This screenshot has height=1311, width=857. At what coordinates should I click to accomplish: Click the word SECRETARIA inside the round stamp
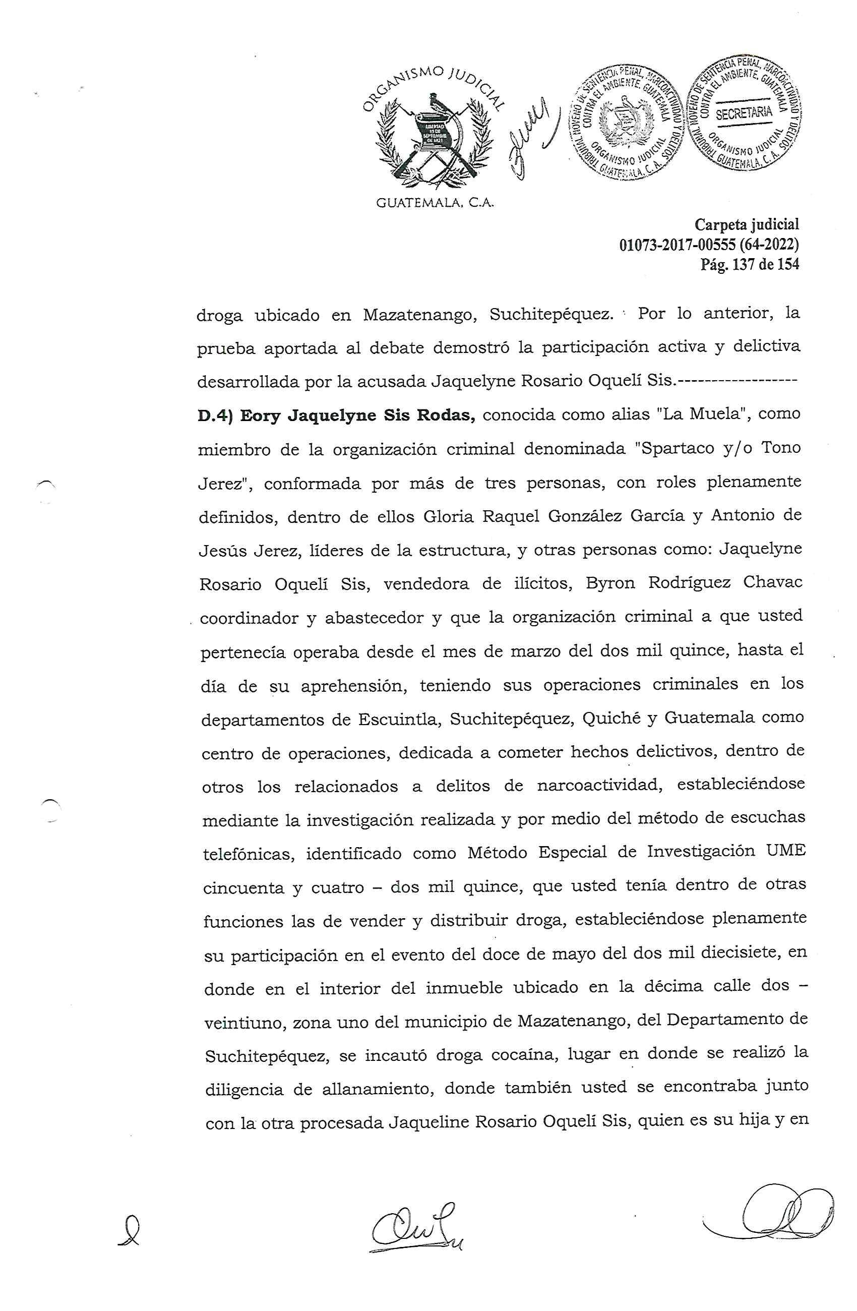[x=744, y=113]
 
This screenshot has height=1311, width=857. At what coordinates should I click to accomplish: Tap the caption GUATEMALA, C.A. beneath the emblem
[x=435, y=203]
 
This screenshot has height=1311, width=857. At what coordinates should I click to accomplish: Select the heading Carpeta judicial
[x=746, y=224]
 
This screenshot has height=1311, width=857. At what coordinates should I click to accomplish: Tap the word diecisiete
[x=728, y=953]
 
